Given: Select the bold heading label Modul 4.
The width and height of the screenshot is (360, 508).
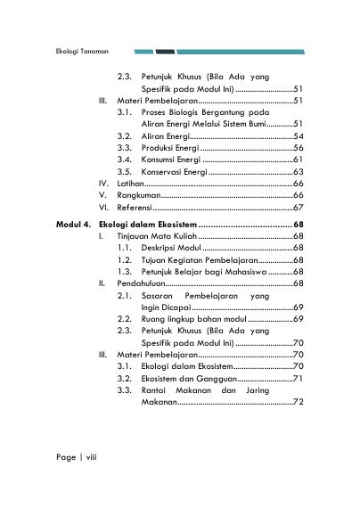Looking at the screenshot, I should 72,223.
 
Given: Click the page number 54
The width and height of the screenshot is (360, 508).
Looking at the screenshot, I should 299,136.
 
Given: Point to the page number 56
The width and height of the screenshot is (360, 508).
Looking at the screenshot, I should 299,148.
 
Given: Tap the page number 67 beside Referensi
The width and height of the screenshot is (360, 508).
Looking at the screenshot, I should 299,206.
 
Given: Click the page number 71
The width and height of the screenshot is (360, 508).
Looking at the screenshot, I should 299,379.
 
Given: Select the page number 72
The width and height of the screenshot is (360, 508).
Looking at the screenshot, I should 299,403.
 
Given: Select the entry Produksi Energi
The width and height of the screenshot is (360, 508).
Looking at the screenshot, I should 169,148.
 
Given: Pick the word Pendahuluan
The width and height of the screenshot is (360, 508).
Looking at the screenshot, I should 141,282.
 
